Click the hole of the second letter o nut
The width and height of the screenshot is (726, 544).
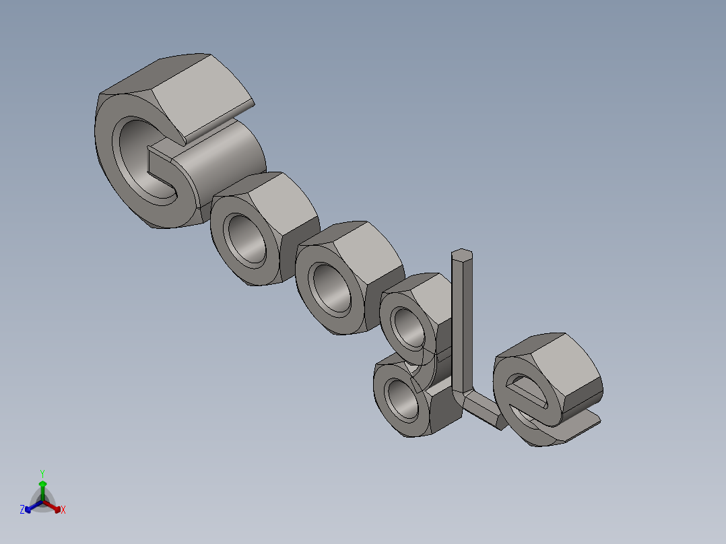[331, 288]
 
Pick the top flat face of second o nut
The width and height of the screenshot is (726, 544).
[367, 249]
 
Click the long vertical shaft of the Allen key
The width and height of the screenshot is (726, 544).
[463, 323]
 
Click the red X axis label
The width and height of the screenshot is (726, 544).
[63, 510]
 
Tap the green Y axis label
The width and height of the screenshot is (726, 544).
[42, 473]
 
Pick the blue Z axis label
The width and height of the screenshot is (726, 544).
[22, 510]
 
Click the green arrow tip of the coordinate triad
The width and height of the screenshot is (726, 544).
[42, 483]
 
